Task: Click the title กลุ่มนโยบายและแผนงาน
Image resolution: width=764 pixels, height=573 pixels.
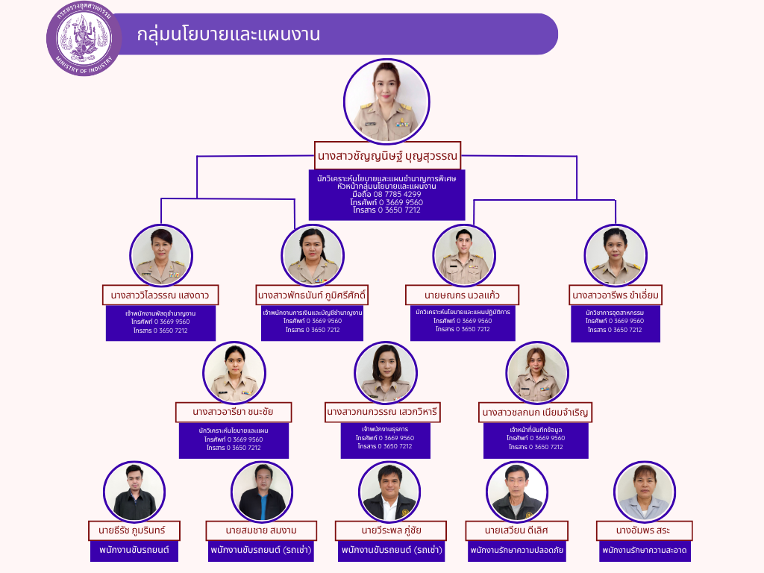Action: pyautogui.click(x=228, y=34)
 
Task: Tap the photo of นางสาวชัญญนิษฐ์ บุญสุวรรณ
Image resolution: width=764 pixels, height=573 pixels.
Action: pyautogui.click(x=386, y=101)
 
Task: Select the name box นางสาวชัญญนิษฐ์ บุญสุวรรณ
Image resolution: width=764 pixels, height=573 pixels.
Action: pyautogui.click(x=387, y=156)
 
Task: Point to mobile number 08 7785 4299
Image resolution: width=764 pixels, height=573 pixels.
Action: pyautogui.click(x=386, y=194)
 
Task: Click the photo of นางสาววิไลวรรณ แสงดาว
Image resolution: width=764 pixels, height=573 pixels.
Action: pyautogui.click(x=161, y=255)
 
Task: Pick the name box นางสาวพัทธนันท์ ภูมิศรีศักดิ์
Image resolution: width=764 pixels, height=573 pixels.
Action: pyautogui.click(x=313, y=295)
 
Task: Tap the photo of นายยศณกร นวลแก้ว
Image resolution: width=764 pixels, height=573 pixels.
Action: pyautogui.click(x=463, y=255)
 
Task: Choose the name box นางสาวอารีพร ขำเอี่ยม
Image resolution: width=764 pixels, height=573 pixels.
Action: pyautogui.click(x=616, y=295)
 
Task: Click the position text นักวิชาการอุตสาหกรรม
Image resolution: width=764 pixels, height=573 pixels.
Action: pyautogui.click(x=615, y=313)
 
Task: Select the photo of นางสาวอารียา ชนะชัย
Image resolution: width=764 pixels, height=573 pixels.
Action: pyautogui.click(x=234, y=372)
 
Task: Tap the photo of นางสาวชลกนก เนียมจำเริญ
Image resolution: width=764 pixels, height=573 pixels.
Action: pyautogui.click(x=536, y=372)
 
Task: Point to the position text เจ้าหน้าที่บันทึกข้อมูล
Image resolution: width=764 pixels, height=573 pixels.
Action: pyautogui.click(x=536, y=430)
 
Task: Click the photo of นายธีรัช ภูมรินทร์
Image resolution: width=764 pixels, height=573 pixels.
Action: pyautogui.click(x=134, y=492)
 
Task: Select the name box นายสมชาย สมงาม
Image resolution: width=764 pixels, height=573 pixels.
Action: pyautogui.click(x=261, y=530)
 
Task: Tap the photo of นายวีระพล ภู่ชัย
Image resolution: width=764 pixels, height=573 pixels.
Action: pyautogui.click(x=389, y=492)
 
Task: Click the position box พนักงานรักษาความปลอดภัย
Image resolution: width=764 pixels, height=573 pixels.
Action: pyautogui.click(x=516, y=551)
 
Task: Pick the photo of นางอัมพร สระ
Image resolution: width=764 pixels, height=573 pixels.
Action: pyautogui.click(x=645, y=492)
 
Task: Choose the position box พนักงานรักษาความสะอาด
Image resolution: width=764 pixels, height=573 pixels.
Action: pyautogui.click(x=644, y=551)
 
